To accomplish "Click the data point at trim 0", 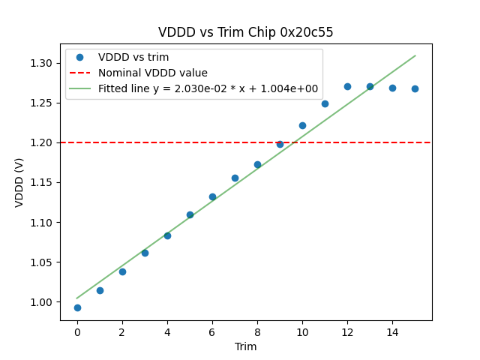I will click(x=77, y=307).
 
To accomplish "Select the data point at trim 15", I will click(x=415, y=88).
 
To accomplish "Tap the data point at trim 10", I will click(x=302, y=125).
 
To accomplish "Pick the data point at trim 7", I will click(x=235, y=178).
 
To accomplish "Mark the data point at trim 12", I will click(x=347, y=86).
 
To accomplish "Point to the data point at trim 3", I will click(x=145, y=253).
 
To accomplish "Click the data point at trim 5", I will click(x=190, y=214).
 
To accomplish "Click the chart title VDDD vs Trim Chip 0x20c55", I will click(x=246, y=33).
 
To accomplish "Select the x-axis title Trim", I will click(x=246, y=346).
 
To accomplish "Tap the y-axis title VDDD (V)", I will click(x=20, y=182).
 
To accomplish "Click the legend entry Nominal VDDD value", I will click(x=153, y=73).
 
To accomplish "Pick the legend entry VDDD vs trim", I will click(x=133, y=57).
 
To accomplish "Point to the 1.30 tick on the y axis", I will click(x=43, y=63).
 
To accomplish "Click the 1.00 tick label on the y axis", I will click(x=43, y=302).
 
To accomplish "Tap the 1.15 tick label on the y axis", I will click(x=43, y=182).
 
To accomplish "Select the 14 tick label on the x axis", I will click(x=392, y=331).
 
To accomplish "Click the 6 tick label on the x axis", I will click(x=212, y=331).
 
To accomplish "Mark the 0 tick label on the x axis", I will click(x=77, y=331).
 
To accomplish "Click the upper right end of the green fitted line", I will click(x=415, y=55).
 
